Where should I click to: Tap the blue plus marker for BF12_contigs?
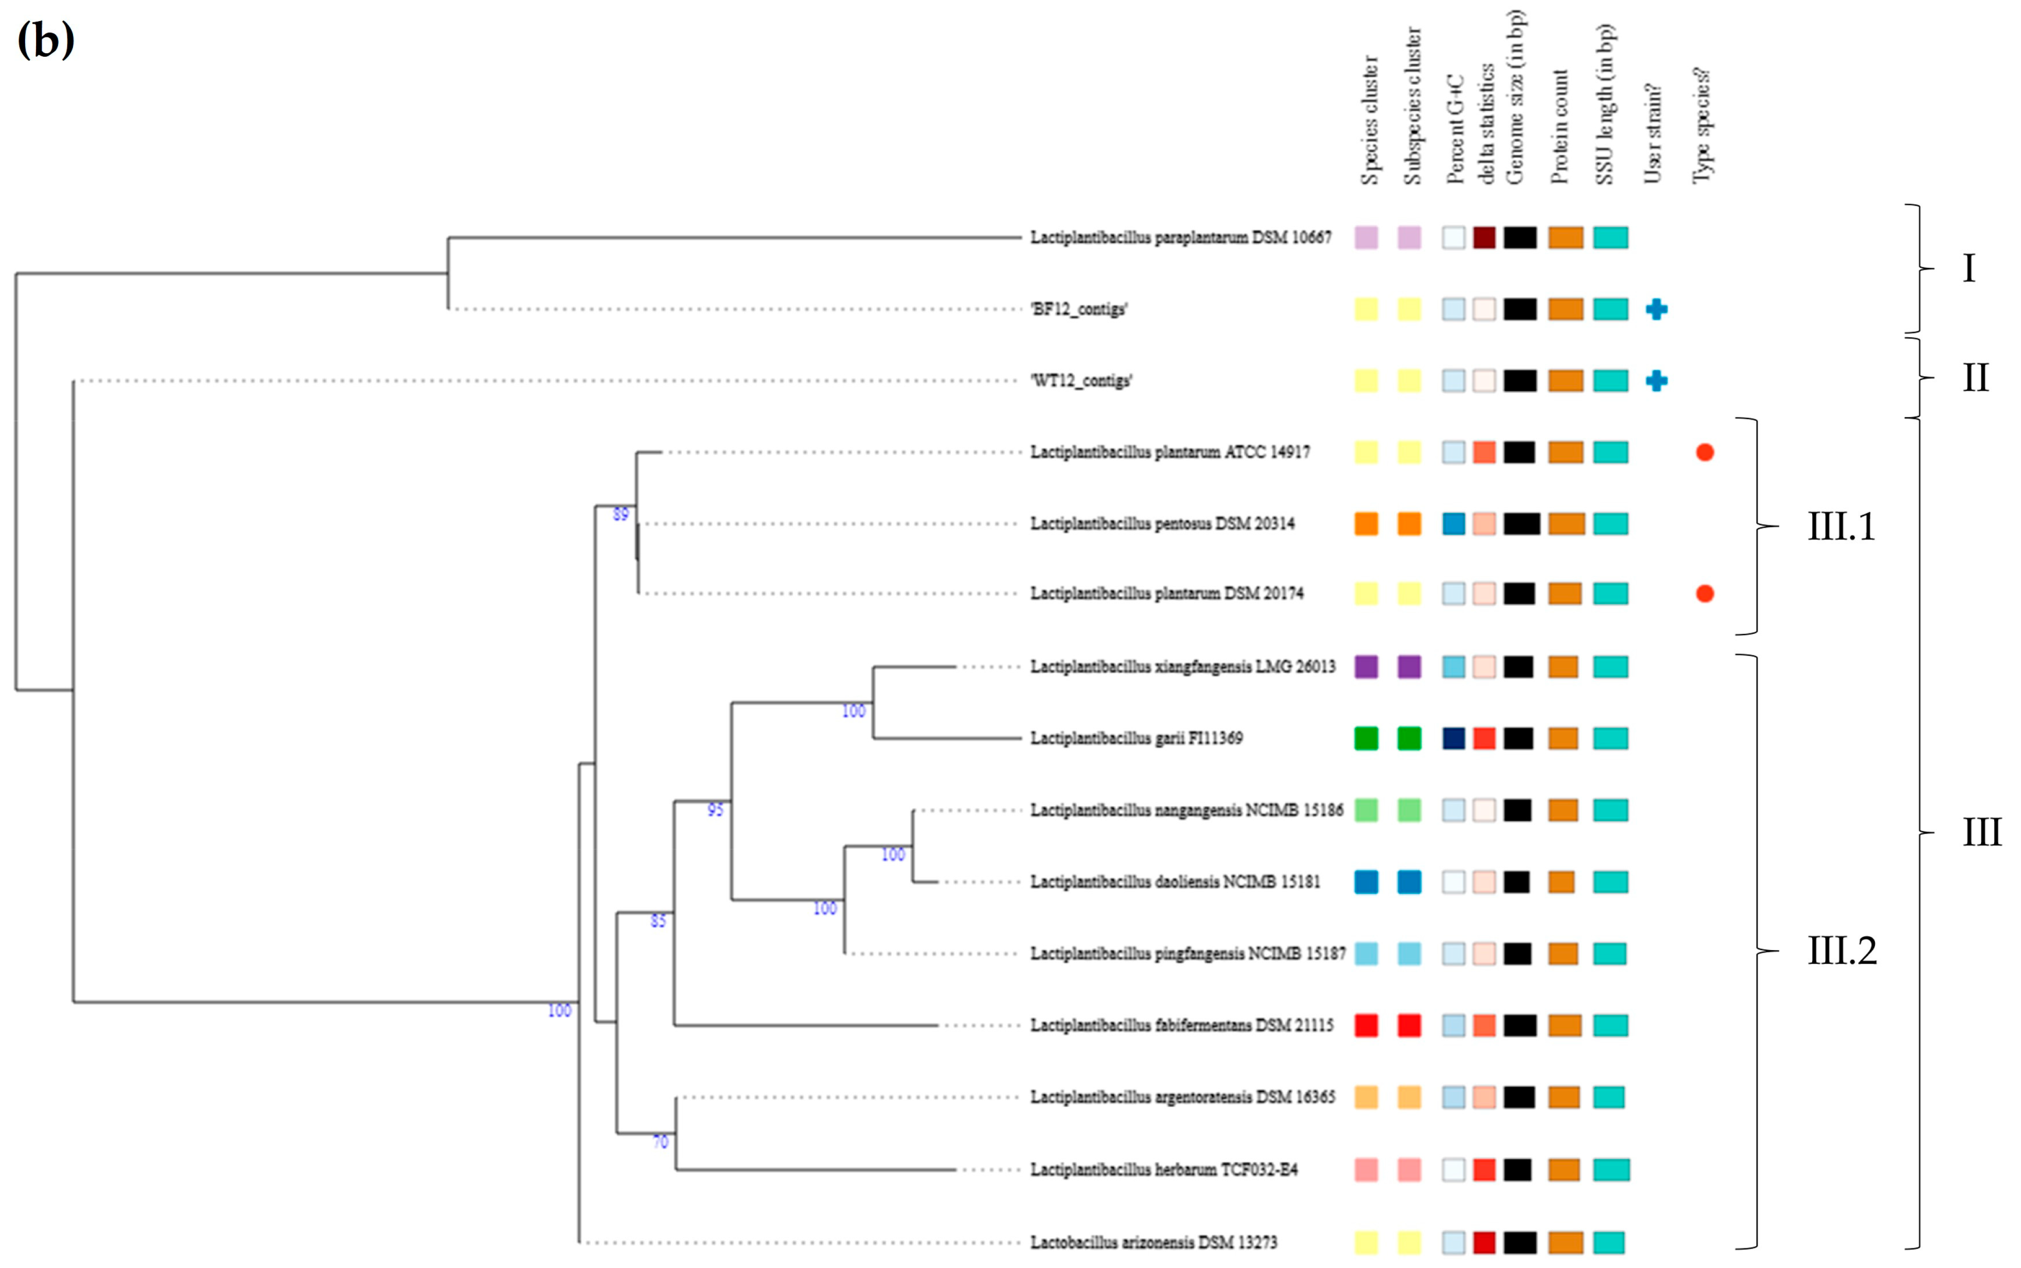(x=1656, y=310)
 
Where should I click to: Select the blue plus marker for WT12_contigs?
(x=1656, y=381)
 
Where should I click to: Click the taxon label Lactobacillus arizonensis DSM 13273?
(x=1153, y=1242)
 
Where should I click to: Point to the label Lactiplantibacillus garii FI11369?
(x=1136, y=738)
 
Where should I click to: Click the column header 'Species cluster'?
(x=1369, y=120)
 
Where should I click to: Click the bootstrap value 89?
(x=621, y=514)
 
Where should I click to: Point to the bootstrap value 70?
(x=661, y=1142)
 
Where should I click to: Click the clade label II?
(x=1975, y=378)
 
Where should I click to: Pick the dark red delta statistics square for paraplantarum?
(x=1484, y=237)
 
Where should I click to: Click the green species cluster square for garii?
(x=1366, y=738)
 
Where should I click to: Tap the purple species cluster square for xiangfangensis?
(x=1366, y=667)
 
